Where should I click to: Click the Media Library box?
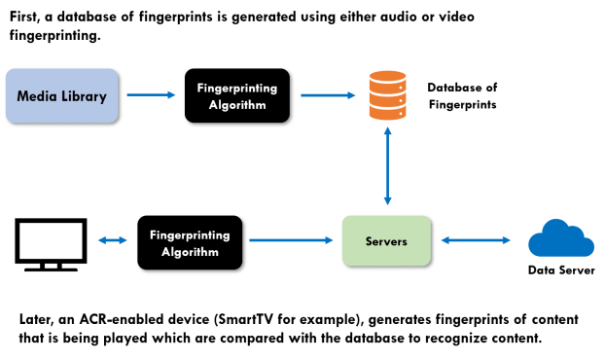pos(62,95)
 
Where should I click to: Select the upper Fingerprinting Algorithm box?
pos(236,95)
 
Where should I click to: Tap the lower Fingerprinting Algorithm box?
pos(190,243)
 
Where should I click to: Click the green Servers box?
pos(387,241)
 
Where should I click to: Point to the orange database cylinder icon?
pos(387,95)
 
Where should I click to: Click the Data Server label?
pos(560,270)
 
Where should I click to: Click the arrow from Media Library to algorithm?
pos(150,95)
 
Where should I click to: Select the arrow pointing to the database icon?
pos(328,95)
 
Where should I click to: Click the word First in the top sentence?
pos(26,17)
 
